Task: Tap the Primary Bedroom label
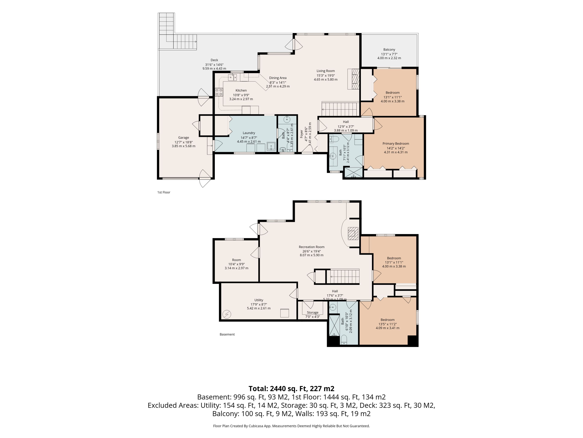(396, 144)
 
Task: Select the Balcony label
(389, 50)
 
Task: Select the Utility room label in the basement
(259, 300)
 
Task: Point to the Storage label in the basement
(313, 313)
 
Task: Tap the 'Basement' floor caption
(227, 334)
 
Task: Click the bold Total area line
(291, 389)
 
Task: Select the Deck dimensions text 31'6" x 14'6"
(214, 65)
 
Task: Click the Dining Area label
(278, 78)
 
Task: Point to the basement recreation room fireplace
(353, 234)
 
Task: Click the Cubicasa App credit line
(291, 426)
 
